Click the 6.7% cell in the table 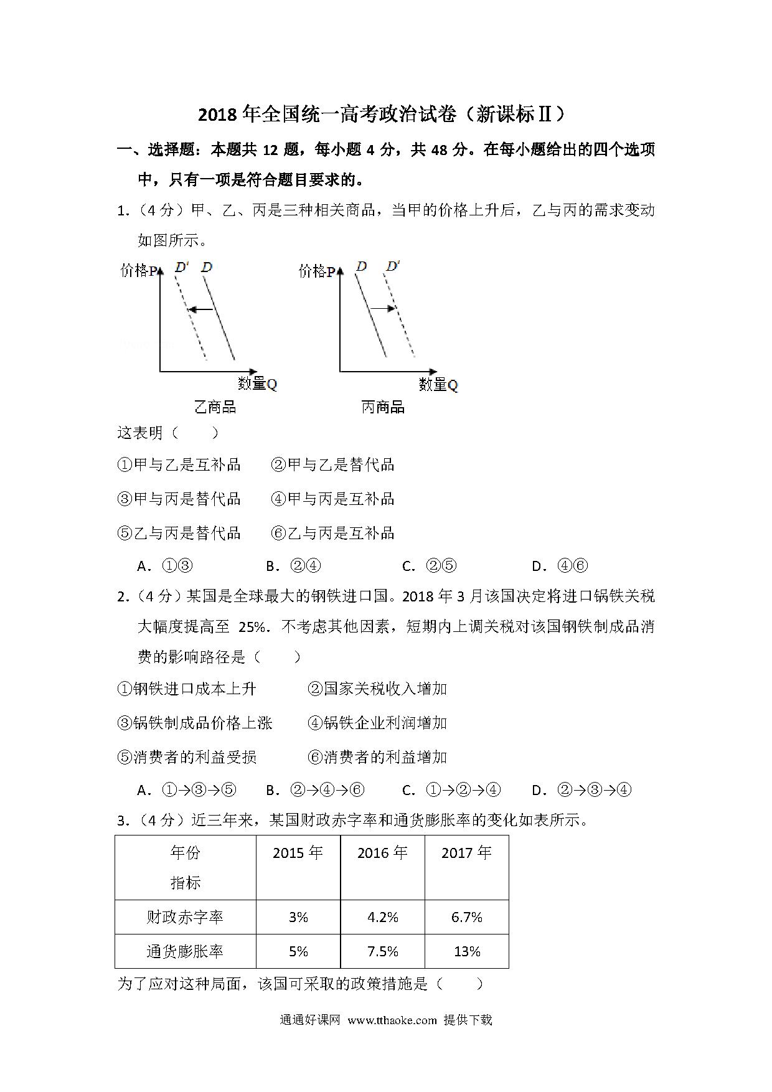(467, 917)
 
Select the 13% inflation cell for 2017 (467, 951)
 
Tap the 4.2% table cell (383, 917)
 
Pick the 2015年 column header (298, 852)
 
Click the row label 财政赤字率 (185, 917)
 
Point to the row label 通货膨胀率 (185, 951)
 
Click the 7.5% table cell (383, 951)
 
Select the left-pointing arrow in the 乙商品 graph (200, 309)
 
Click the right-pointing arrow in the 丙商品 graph (383, 308)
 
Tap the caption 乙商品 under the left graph (215, 407)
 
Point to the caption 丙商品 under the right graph (383, 407)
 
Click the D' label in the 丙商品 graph (393, 266)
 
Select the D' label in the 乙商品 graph (182, 267)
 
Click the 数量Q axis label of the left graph (257, 384)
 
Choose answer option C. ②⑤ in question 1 (430, 566)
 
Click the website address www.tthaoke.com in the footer (392, 1020)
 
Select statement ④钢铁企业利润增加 (377, 723)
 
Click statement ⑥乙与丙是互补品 (333, 533)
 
